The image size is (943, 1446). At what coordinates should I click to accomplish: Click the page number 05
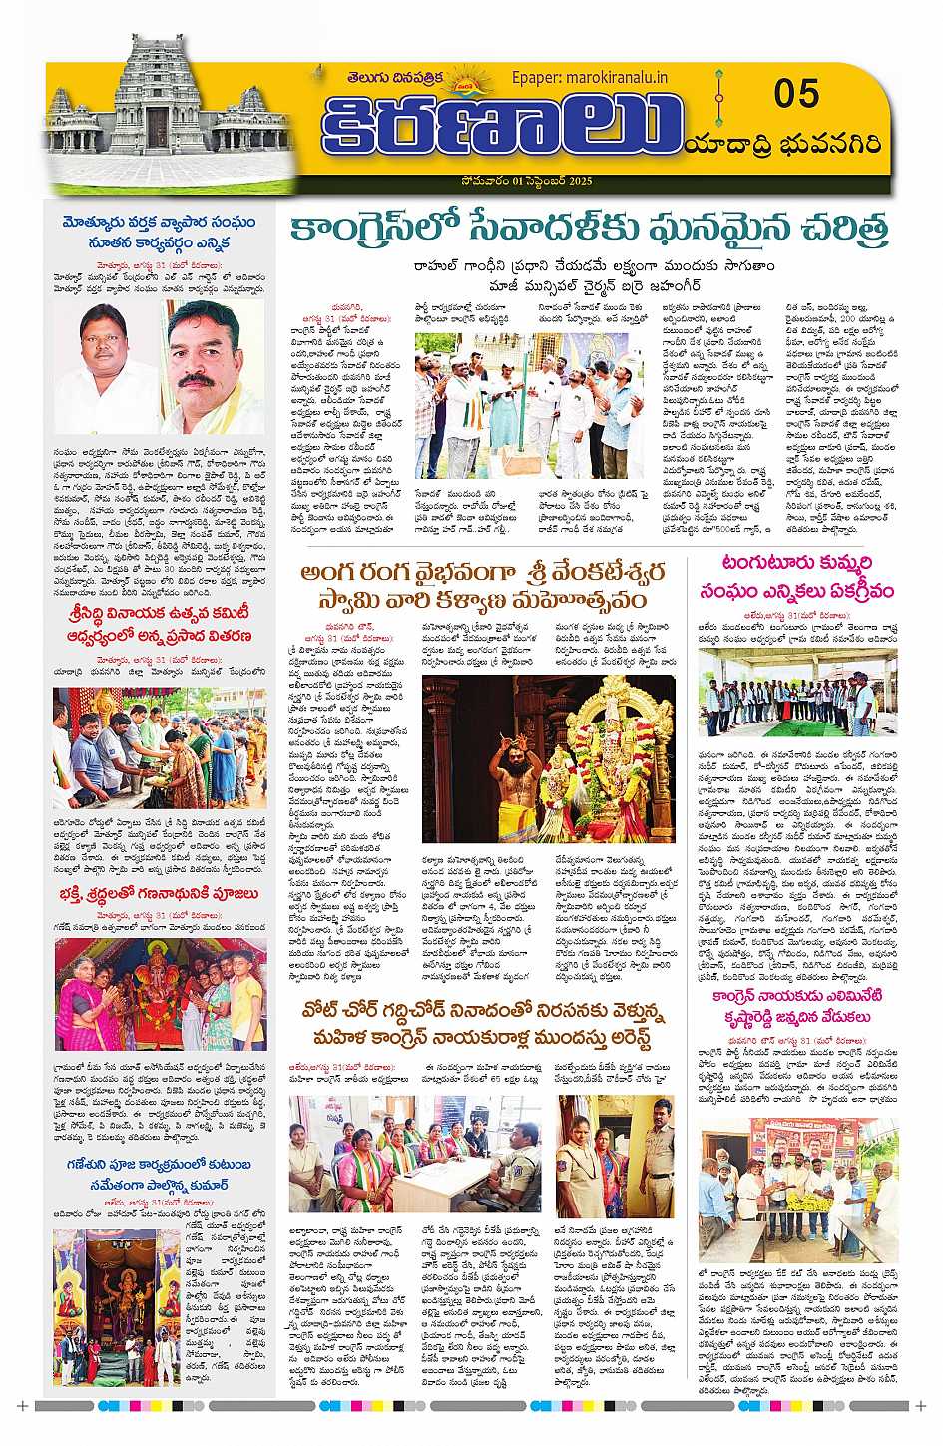(795, 94)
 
